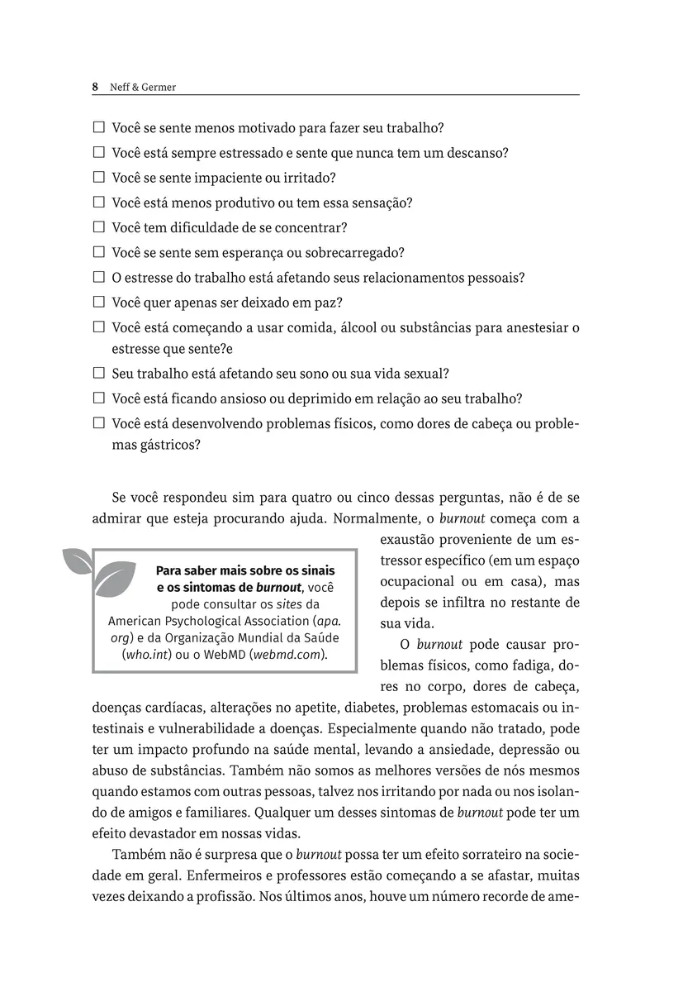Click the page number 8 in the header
[x=95, y=86]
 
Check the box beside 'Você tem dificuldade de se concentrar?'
[x=98, y=227]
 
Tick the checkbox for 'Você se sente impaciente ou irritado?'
[x=98, y=178]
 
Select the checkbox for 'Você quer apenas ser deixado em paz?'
[x=98, y=302]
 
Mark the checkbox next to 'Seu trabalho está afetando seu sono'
[x=98, y=374]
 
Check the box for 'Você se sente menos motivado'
[x=98, y=128]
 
